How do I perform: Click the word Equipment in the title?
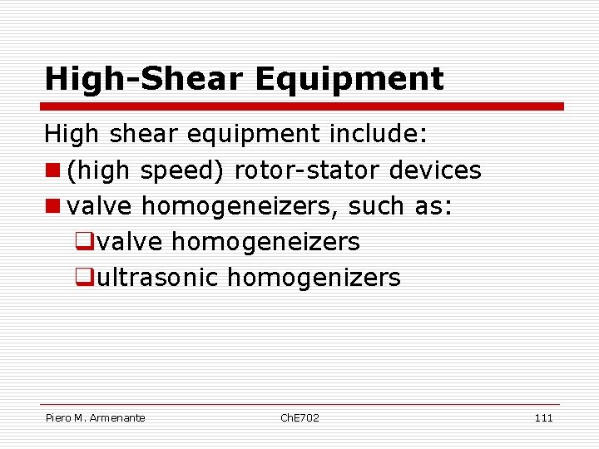[x=349, y=80]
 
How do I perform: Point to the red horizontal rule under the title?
[x=303, y=106]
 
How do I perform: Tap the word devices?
[x=435, y=170]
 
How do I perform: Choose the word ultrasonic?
[x=157, y=278]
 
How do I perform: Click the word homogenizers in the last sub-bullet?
[x=314, y=278]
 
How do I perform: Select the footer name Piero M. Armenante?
[x=95, y=417]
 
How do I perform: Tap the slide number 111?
[x=543, y=417]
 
